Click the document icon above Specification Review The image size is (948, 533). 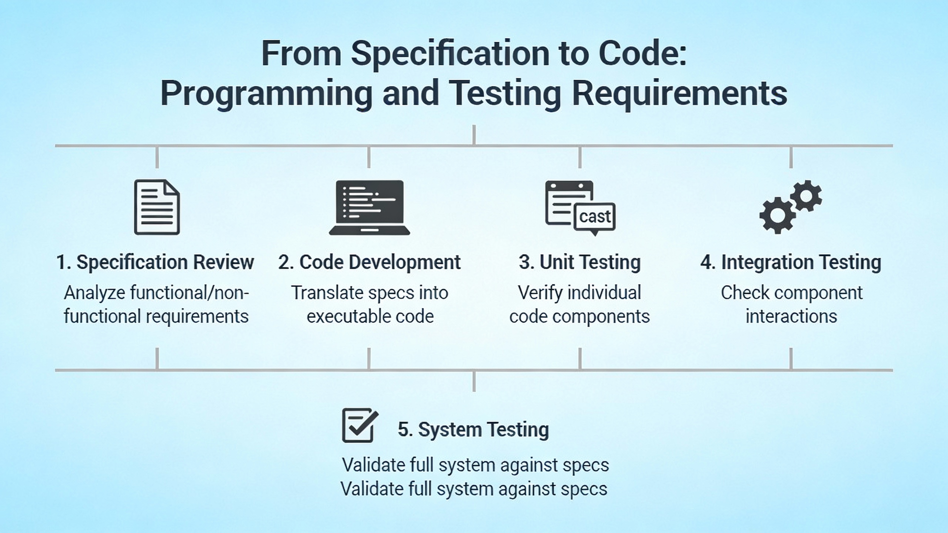(x=157, y=207)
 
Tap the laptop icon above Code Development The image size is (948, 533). (x=369, y=207)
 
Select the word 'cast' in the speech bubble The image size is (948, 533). (x=595, y=217)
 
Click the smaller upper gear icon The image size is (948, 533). (x=806, y=196)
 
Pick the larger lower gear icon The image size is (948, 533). (x=777, y=215)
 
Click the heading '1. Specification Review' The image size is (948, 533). (x=155, y=262)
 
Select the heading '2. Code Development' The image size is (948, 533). (x=369, y=262)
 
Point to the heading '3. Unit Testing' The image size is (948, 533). (x=580, y=262)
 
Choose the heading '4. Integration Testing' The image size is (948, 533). (x=791, y=262)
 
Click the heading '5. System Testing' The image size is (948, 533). (x=473, y=429)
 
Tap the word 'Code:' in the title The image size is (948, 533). (x=642, y=54)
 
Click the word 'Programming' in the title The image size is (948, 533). (x=266, y=94)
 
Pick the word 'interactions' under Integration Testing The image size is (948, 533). (x=791, y=316)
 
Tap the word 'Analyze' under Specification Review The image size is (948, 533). (x=94, y=293)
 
